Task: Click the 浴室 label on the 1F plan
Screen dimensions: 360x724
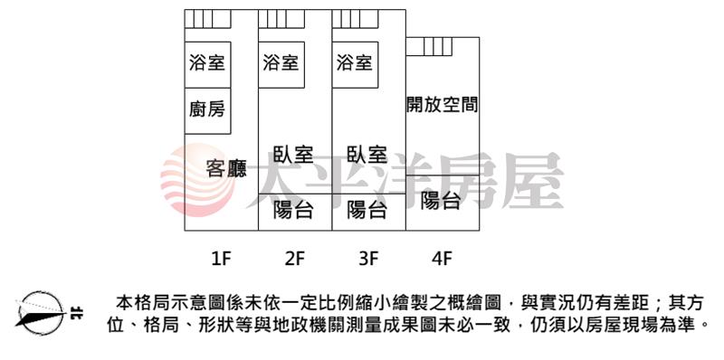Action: [207, 63]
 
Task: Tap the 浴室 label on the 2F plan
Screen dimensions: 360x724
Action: [281, 63]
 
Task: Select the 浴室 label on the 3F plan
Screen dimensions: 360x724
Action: [354, 63]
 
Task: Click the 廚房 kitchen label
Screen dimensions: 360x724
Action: [207, 110]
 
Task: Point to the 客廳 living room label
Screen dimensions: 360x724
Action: [225, 168]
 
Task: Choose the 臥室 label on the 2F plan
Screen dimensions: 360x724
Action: [292, 155]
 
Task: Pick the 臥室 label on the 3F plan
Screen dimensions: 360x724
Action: [366, 155]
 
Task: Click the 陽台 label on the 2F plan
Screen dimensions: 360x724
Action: [293, 211]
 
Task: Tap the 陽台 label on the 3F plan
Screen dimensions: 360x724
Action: [367, 211]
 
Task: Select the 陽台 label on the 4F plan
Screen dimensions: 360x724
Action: [441, 202]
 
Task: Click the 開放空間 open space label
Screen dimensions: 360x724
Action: [442, 105]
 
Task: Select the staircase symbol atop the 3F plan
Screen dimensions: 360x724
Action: [348, 19]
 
